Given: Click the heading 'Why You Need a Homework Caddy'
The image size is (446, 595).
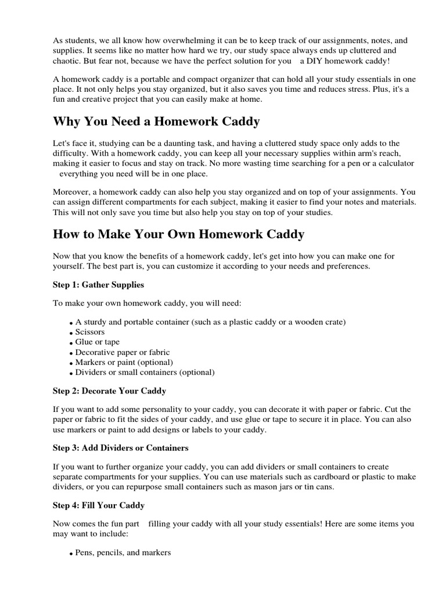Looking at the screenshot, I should click(156, 121).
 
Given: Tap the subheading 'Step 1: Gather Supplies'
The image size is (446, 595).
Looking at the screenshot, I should click(98, 285).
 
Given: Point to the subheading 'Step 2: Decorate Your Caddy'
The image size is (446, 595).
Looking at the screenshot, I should click(109, 391).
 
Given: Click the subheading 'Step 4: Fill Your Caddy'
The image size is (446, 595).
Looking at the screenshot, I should click(99, 505).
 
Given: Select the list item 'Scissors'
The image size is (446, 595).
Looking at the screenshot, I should click(90, 332).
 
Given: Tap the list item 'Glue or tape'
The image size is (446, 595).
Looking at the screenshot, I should click(97, 342).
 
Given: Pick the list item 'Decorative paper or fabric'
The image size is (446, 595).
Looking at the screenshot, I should click(123, 352).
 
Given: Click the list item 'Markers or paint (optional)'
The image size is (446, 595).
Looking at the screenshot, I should click(124, 362).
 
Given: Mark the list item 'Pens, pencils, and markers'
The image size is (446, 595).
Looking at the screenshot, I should click(123, 553).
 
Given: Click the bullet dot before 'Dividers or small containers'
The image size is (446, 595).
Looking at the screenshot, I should click(71, 374).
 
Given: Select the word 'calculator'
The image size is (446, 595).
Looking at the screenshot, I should click(395, 163).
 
